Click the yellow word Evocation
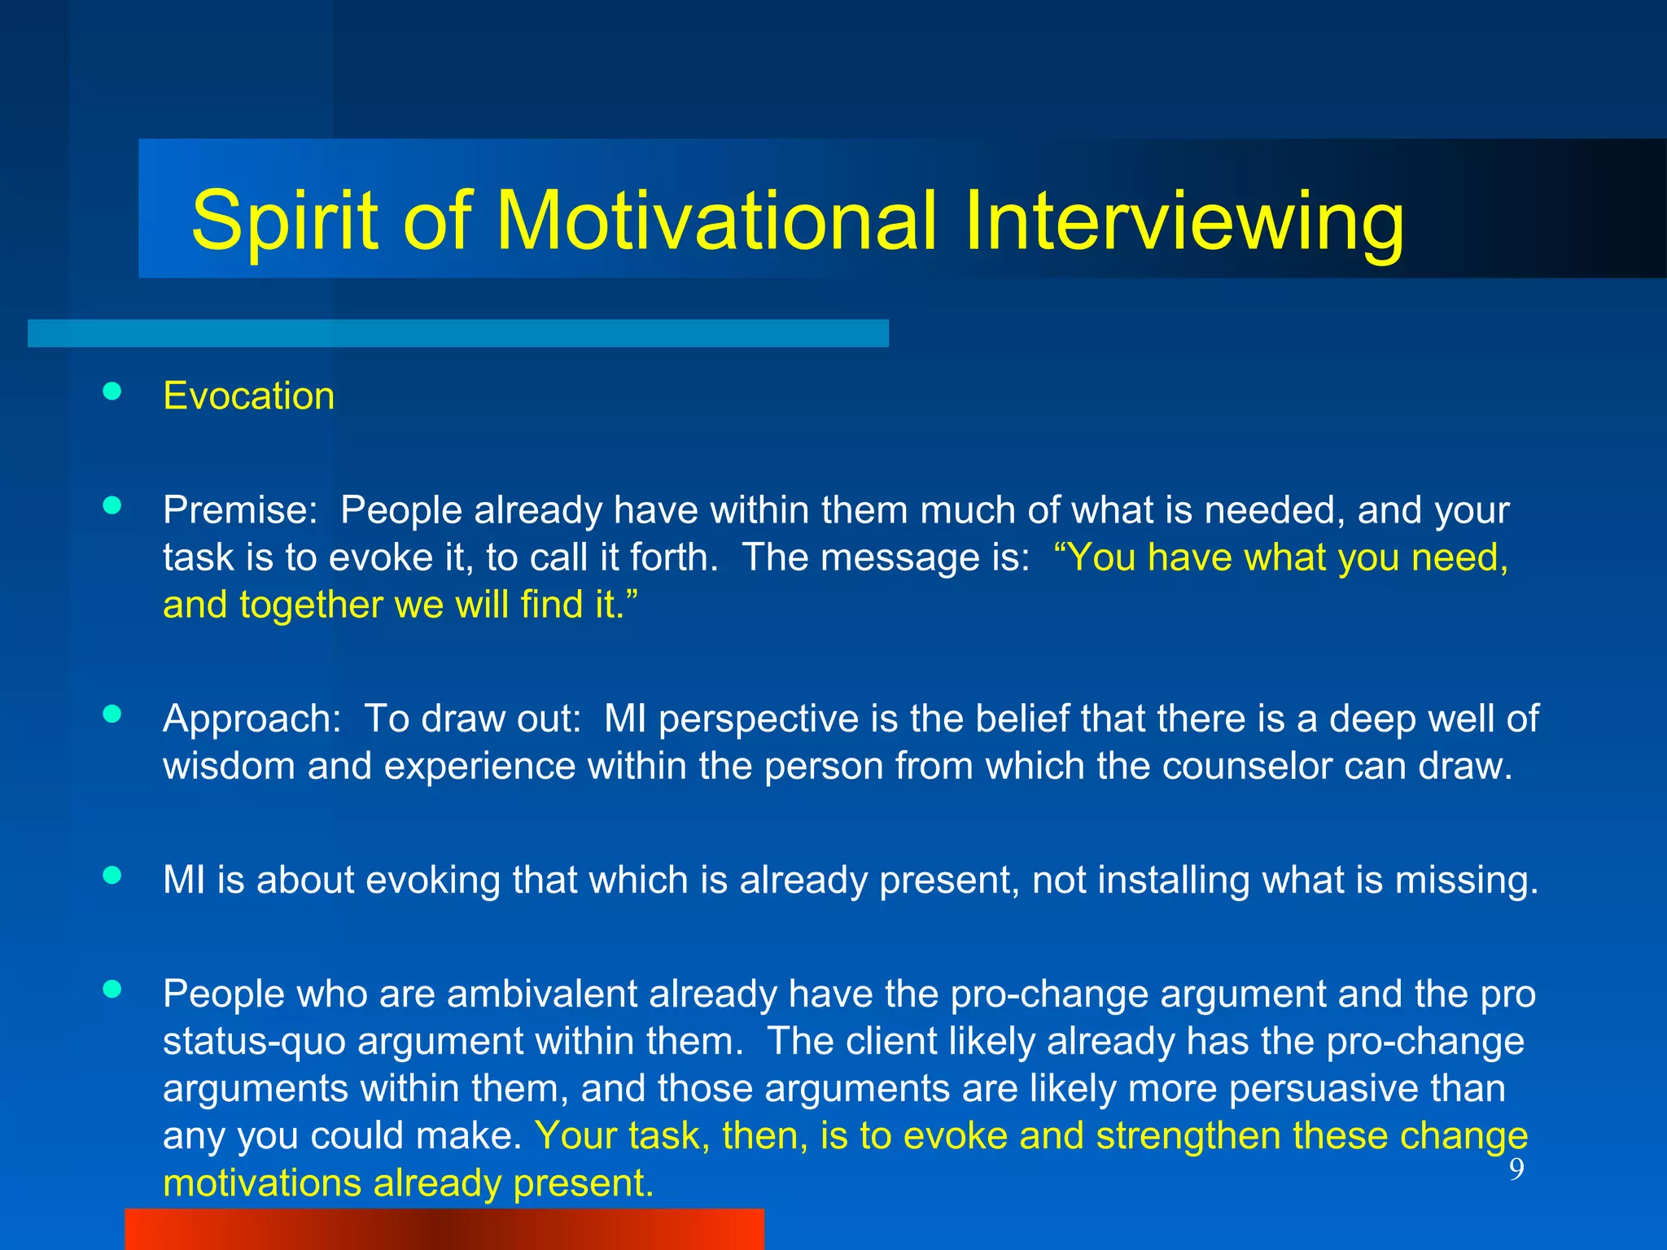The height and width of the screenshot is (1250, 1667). tap(248, 396)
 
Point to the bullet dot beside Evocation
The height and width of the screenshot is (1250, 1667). tap(112, 391)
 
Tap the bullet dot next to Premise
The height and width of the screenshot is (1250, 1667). tap(112, 505)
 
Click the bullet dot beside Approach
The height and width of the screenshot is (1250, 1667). tap(112, 714)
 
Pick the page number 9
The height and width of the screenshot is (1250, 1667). tap(1516, 1169)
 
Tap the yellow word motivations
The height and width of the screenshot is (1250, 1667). tap(261, 1183)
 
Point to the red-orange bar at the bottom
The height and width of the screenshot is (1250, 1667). tap(444, 1229)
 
